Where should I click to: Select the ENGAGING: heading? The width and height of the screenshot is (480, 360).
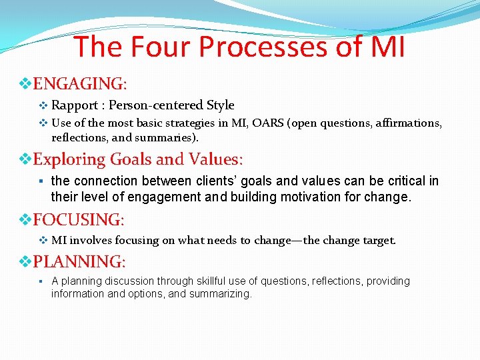click(79, 84)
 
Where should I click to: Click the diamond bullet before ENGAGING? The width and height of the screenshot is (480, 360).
click(25, 84)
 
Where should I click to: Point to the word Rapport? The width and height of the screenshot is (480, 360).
click(75, 105)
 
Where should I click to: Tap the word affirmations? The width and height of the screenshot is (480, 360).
click(409, 123)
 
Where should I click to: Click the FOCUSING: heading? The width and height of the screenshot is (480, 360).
click(79, 219)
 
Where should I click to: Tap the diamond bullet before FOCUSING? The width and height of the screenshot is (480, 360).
click(25, 219)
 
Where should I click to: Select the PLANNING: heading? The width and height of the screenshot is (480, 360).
click(78, 261)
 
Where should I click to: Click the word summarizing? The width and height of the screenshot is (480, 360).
click(219, 293)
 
